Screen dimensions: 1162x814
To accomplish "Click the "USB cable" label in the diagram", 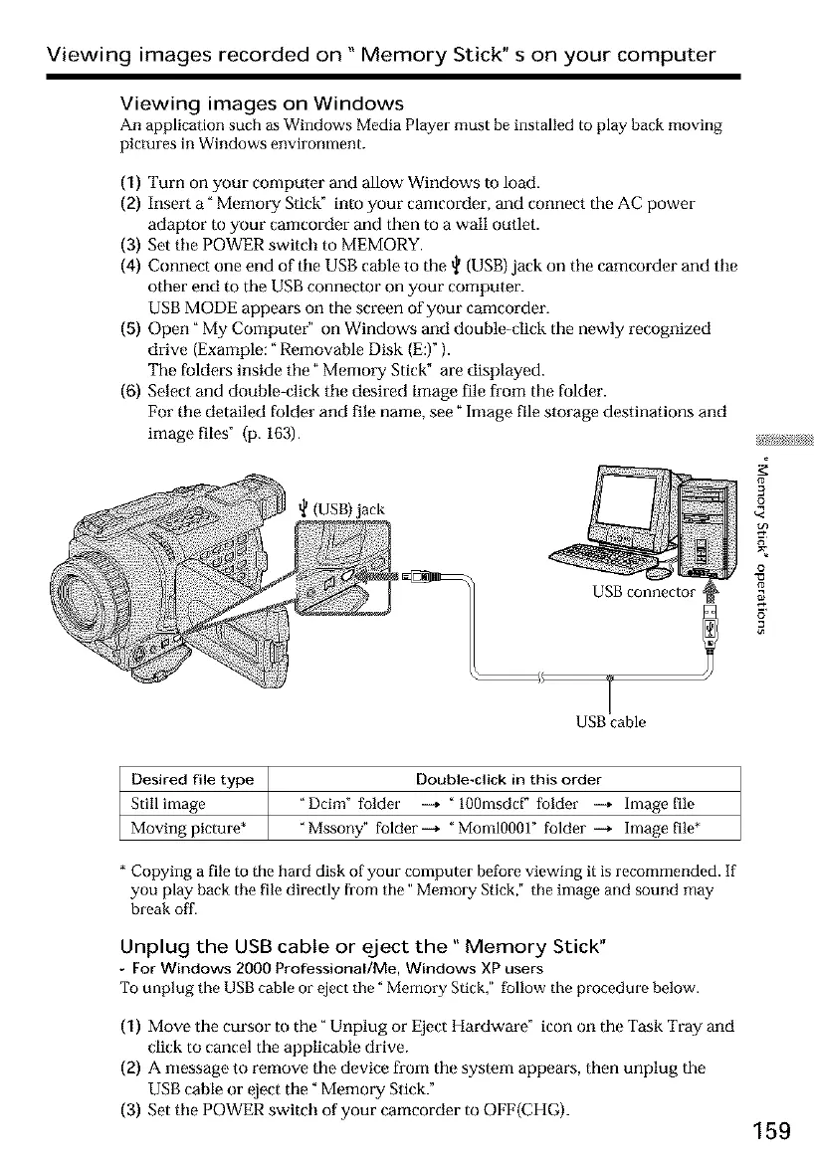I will click(x=609, y=722).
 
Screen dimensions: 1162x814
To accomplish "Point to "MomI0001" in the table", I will click(x=511, y=826).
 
